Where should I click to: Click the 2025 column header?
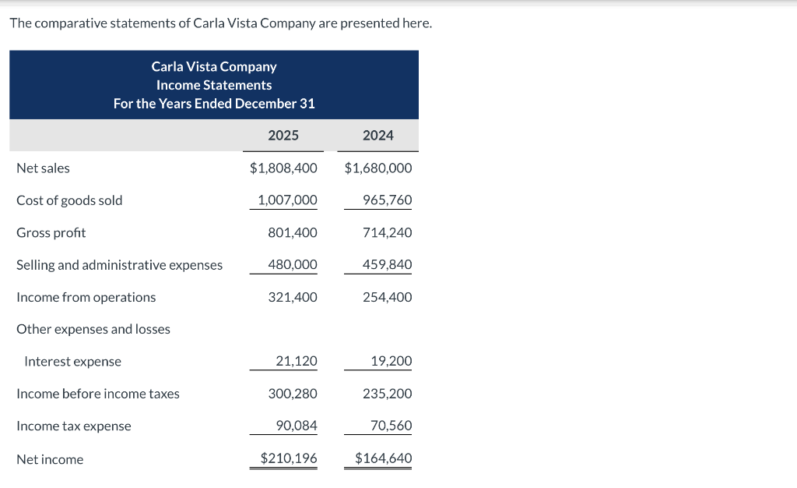pos(283,136)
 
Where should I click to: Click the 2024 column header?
pos(378,136)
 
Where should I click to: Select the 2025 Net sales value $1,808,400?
pos(283,168)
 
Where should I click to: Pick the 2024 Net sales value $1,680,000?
pos(378,168)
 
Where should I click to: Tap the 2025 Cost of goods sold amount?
pos(287,200)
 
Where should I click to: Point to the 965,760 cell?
pos(387,200)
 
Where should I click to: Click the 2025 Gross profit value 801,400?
pos(293,233)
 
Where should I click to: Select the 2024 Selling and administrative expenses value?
pos(387,265)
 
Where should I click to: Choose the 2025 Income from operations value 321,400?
pos(293,298)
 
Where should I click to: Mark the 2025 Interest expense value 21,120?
pos(297,362)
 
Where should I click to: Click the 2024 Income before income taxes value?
pos(387,394)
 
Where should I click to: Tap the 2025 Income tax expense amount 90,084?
pos(297,426)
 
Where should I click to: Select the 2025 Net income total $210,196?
pos(289,458)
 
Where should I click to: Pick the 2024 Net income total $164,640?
pos(384,458)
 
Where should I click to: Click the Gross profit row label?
pos(51,233)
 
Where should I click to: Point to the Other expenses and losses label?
pos(93,330)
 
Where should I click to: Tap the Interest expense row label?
pos(73,362)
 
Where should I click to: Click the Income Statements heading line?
pos(214,85)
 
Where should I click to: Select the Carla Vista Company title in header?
pos(214,67)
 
